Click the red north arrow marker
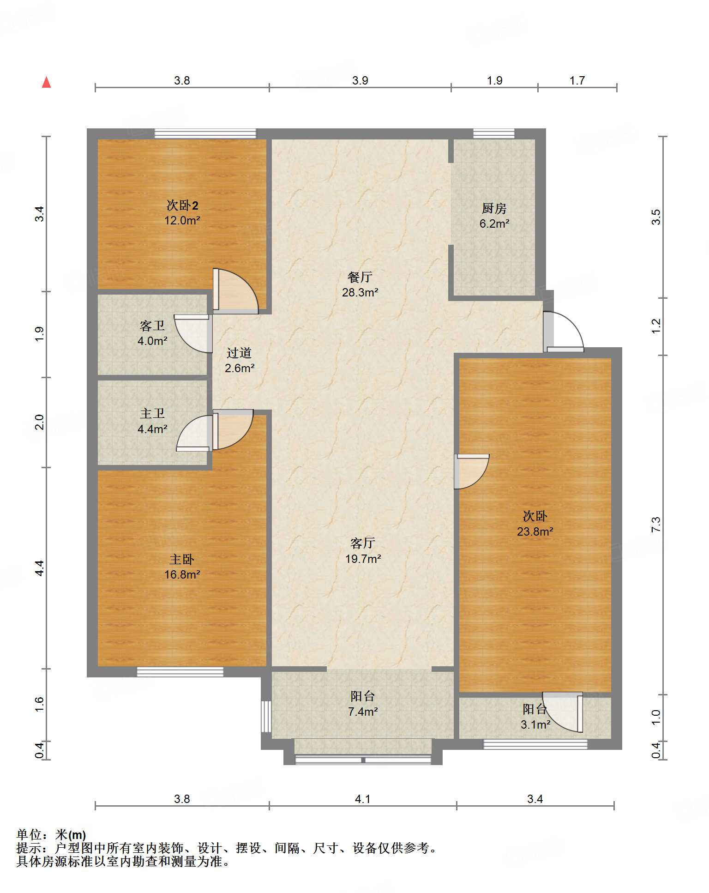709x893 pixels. pyautogui.click(x=46, y=82)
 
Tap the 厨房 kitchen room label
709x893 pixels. pyautogui.click(x=494, y=209)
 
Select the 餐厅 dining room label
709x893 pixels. pyautogui.click(x=360, y=277)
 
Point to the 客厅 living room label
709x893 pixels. pyautogui.click(x=363, y=543)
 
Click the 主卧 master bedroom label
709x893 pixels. pyautogui.click(x=182, y=559)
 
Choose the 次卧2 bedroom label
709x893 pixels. pyautogui.click(x=182, y=205)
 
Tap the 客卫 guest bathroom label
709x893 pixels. pyautogui.click(x=152, y=326)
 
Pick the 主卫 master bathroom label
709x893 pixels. pyautogui.click(x=152, y=413)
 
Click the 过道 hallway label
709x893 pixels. pyautogui.click(x=239, y=353)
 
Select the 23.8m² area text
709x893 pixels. pyautogui.click(x=535, y=531)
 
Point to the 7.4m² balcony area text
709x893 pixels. pyautogui.click(x=363, y=712)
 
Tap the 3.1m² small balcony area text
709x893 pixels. pyautogui.click(x=535, y=724)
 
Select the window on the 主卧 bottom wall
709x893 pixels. pyautogui.click(x=180, y=672)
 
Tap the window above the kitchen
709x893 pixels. pyautogui.click(x=494, y=133)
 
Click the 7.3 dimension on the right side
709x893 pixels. pyautogui.click(x=656, y=525)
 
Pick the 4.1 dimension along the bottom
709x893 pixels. pyautogui.click(x=363, y=799)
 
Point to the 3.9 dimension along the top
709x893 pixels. pyautogui.click(x=360, y=80)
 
